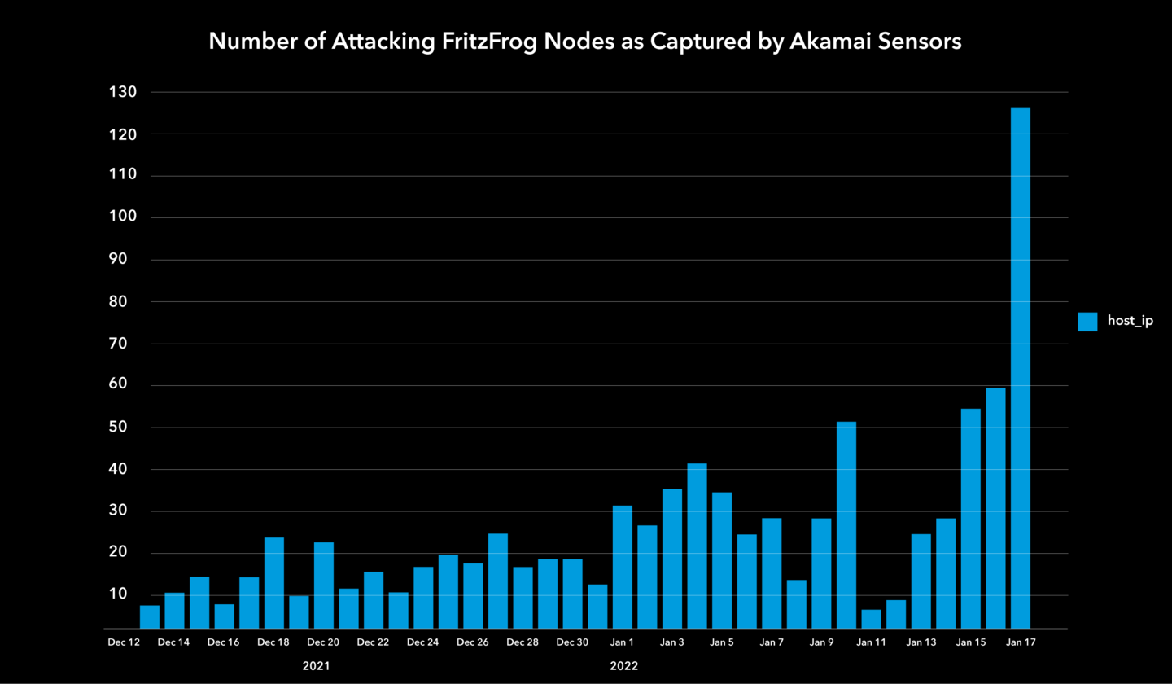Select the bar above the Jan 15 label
pos(970,519)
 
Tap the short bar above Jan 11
pos(871,620)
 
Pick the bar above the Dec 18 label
pos(274,583)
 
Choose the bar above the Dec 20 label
pos(324,585)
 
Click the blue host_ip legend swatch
pos(1087,322)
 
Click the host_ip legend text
pos(1130,322)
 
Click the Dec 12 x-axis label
pos(125,642)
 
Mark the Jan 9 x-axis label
pos(821,642)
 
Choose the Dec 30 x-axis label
pos(572,642)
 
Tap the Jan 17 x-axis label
pos(1021,642)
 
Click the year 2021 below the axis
pos(317,666)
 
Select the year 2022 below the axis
pos(624,666)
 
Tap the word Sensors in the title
pos(921,42)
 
